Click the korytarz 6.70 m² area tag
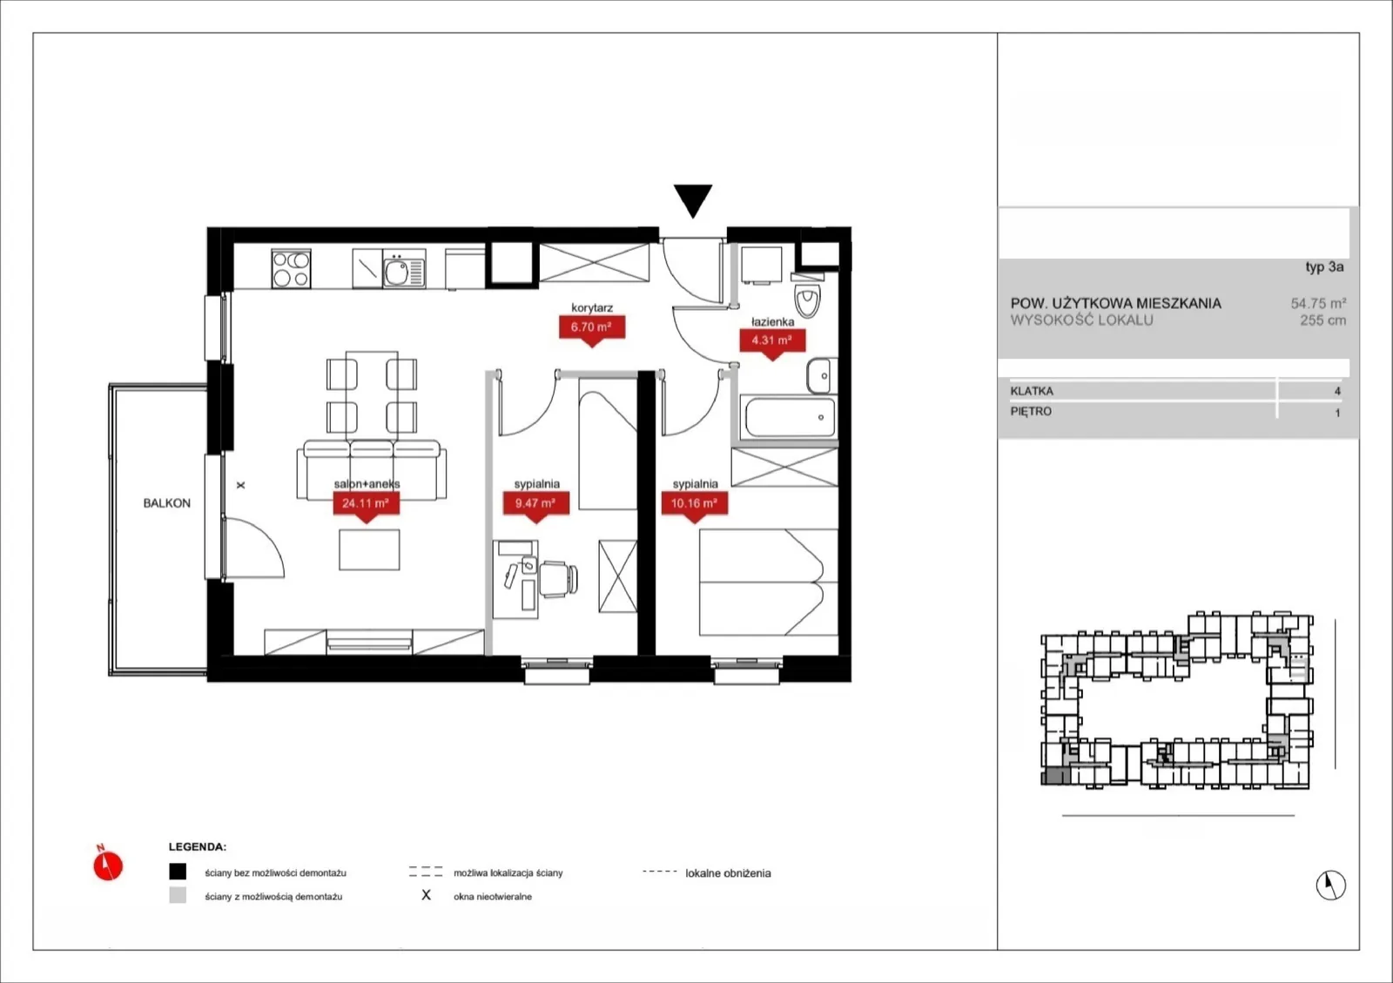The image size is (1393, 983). pos(591,327)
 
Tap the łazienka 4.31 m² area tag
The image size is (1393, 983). pos(771,340)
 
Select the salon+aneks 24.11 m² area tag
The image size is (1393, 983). pos(366,503)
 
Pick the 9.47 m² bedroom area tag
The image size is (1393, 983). pos(535,503)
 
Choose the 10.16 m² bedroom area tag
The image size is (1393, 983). pos(694,503)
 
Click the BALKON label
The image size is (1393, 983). pos(166,503)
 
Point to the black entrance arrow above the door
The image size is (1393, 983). pos(693,200)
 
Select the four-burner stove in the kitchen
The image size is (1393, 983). pos(291,268)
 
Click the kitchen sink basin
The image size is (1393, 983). pos(396,272)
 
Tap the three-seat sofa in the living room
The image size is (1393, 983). pos(371,469)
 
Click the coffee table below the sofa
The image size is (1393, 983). pos(369,549)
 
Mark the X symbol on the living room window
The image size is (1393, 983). pos(240,485)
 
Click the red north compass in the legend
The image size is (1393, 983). pos(108,865)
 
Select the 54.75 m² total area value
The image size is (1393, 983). pos(1318,303)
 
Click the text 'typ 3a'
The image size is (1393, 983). pos(1324,267)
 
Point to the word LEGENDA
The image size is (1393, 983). pos(198,847)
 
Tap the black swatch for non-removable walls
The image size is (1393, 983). pos(178,872)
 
